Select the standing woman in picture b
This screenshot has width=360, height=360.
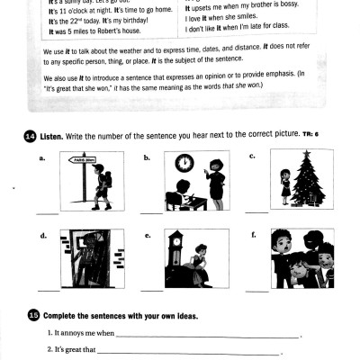pos(216,182)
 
